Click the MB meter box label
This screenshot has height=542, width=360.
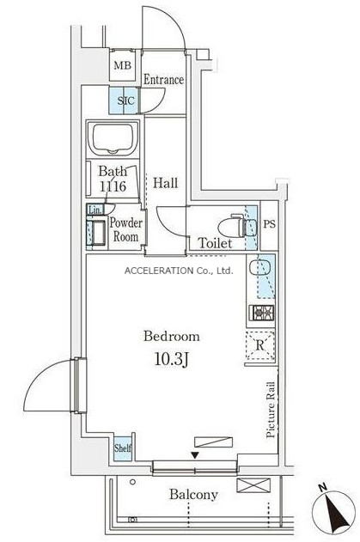click(x=122, y=65)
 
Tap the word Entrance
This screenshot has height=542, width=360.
click(x=163, y=80)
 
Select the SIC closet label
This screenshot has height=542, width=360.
click(x=125, y=101)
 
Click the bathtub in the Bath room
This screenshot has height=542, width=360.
click(x=113, y=138)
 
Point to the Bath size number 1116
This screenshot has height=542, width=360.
click(x=113, y=186)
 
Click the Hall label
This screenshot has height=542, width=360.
click(x=166, y=183)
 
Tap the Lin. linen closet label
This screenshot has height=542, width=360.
click(x=95, y=210)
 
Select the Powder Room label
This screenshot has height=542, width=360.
click(x=126, y=230)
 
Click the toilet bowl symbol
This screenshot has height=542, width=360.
click(x=237, y=227)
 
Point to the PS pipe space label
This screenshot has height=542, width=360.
click(x=270, y=224)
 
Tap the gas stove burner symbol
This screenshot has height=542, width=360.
click(x=262, y=314)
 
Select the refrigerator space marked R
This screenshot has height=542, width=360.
click(x=260, y=345)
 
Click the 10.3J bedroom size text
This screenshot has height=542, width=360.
click(x=171, y=360)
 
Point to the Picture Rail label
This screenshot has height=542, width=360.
click(x=271, y=410)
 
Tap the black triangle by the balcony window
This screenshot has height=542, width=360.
click(x=195, y=455)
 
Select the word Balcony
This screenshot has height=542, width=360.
click(x=193, y=495)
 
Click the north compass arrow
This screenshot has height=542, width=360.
click(x=336, y=509)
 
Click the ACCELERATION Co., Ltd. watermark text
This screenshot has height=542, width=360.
click(x=179, y=271)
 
